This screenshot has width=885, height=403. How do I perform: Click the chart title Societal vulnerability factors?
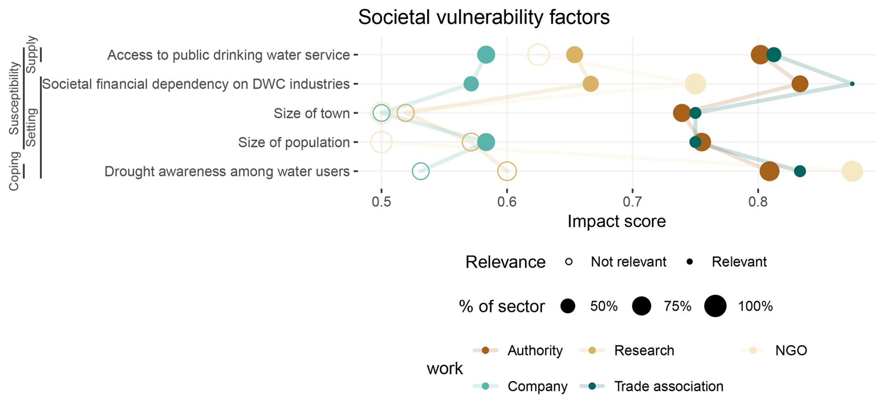point(484,18)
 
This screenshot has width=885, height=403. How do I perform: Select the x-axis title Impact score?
point(616,221)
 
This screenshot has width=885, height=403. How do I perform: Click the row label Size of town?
point(312,113)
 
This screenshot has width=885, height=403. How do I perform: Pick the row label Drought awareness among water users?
point(227,171)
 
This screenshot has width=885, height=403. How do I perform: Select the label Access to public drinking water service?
point(228,55)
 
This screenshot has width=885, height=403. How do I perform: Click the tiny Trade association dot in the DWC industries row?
point(852,84)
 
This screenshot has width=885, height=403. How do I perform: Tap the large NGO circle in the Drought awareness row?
point(852,171)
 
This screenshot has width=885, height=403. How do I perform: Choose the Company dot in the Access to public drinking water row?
point(486,55)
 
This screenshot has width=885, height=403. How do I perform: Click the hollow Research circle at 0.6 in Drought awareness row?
point(507,171)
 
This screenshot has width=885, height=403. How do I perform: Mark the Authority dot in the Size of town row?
point(682,113)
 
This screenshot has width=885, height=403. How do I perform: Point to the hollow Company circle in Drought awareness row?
point(421,171)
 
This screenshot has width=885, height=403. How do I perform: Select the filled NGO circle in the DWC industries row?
point(695,84)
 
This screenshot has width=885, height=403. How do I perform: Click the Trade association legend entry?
point(668,386)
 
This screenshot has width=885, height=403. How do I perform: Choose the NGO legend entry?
point(791,351)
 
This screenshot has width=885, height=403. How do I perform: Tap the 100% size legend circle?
point(715,307)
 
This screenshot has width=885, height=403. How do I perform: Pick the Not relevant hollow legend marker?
point(569,262)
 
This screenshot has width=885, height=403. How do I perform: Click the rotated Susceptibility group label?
point(14,98)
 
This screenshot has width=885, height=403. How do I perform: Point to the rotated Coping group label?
point(14,171)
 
